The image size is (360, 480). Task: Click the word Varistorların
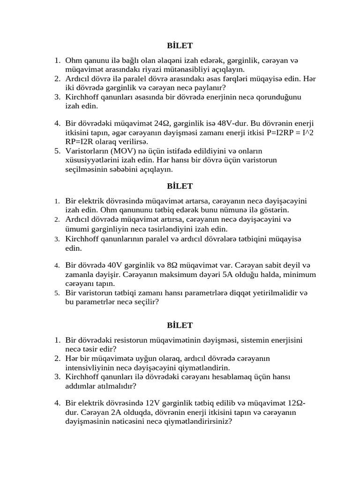86,151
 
